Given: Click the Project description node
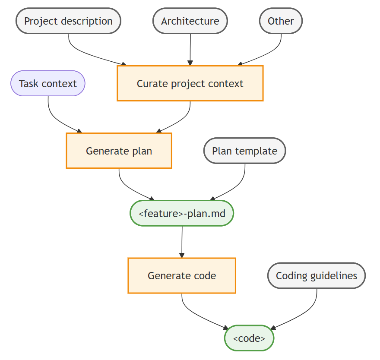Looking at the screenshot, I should click(68, 21).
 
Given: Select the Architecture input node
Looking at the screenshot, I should click(190, 21).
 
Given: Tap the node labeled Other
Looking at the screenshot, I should click(281, 21).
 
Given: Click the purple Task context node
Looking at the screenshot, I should click(48, 83).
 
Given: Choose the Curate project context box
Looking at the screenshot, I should click(190, 83).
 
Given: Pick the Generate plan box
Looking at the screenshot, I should click(119, 151).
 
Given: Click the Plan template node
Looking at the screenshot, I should click(244, 151).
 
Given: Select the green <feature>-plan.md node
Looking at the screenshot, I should click(182, 213).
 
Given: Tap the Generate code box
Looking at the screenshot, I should click(182, 275).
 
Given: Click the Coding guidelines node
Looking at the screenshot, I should click(317, 275).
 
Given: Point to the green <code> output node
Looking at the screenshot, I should click(249, 338).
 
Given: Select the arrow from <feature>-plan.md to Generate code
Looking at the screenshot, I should click(182, 242).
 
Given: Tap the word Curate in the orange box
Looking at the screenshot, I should click(149, 83).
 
